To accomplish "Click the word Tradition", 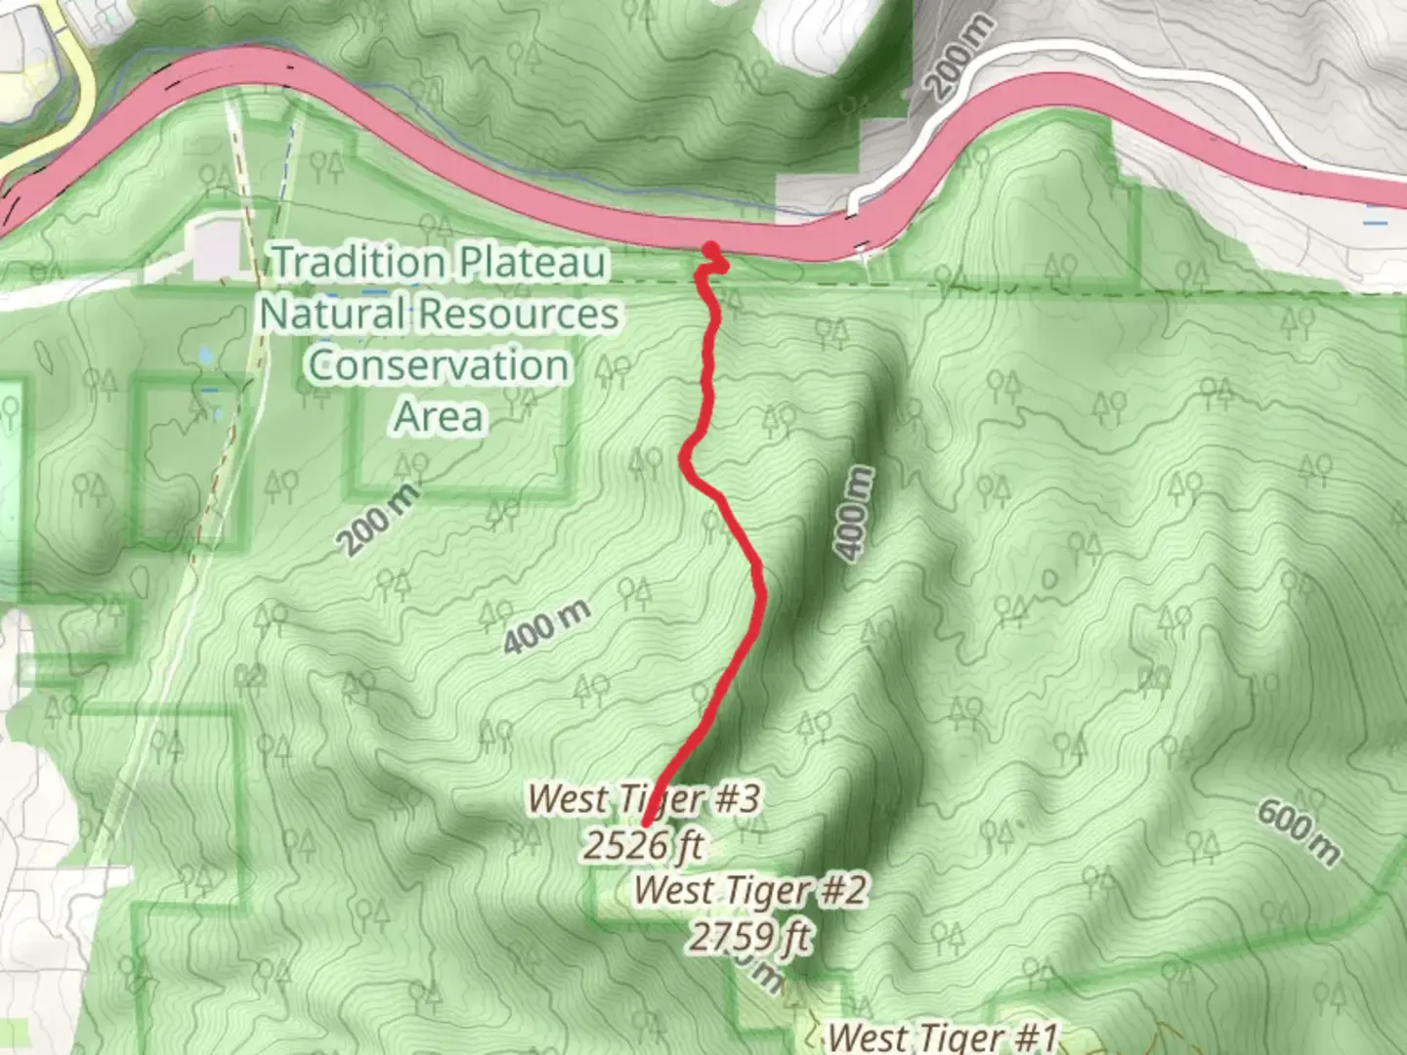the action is pyautogui.click(x=359, y=262).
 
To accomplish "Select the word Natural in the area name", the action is pyautogui.click(x=331, y=314).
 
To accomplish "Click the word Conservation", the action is pyautogui.click(x=439, y=365).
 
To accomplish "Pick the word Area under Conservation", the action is pyautogui.click(x=439, y=417).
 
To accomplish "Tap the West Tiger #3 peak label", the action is pyautogui.click(x=643, y=798).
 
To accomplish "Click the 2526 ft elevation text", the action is pyautogui.click(x=643, y=844).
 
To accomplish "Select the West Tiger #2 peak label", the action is pyautogui.click(x=749, y=890).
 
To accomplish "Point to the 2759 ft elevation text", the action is pyautogui.click(x=749, y=937).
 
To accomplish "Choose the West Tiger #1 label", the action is pyautogui.click(x=942, y=1036).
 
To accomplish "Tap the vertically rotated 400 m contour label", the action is pyautogui.click(x=854, y=513).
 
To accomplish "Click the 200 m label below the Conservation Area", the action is pyautogui.click(x=379, y=518).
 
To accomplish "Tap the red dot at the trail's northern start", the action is pyautogui.click(x=712, y=250).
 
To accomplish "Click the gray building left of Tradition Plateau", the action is pyautogui.click(x=217, y=245).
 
